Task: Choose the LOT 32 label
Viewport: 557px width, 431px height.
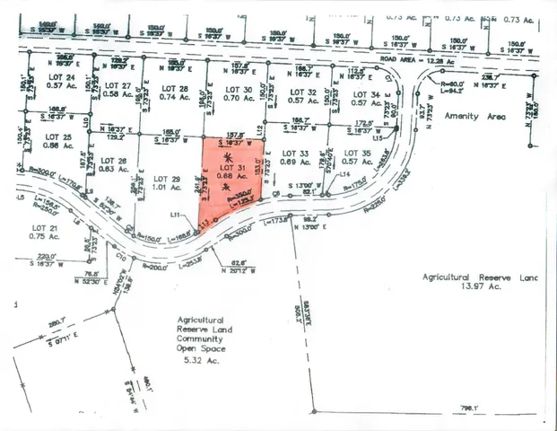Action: pos(307,92)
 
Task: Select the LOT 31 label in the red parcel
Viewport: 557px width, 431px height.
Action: pos(234,169)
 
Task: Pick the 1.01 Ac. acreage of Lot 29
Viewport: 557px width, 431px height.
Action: pos(169,189)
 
